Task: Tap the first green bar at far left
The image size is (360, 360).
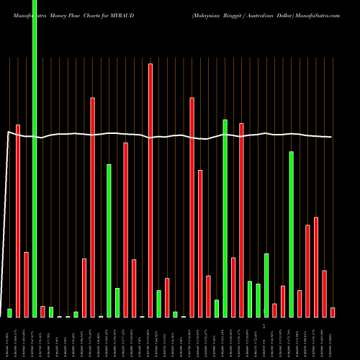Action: pos(9,312)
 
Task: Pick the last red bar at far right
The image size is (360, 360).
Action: pos(333,312)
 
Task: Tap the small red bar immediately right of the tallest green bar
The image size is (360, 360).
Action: pos(42,311)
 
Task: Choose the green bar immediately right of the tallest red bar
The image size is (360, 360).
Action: pos(159,303)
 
